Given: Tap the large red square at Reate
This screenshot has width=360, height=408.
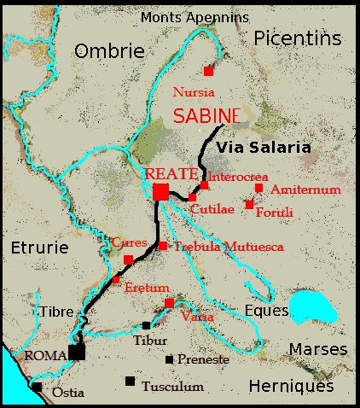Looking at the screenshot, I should [x=160, y=191].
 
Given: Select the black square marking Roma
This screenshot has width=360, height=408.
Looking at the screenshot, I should [x=78, y=352].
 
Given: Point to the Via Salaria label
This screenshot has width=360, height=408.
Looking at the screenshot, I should [x=263, y=148].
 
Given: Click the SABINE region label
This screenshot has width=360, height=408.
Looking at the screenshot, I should [x=206, y=116].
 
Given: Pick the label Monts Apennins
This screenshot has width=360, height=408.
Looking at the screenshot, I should [x=195, y=17].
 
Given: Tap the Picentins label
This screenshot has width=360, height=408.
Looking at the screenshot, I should [x=296, y=38].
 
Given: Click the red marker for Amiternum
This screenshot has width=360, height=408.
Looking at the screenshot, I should [x=258, y=188].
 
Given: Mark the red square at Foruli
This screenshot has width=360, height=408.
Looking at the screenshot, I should [x=249, y=205].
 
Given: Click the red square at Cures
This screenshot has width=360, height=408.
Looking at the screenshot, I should [x=128, y=259].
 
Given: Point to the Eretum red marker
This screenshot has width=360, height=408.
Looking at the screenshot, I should [x=116, y=279].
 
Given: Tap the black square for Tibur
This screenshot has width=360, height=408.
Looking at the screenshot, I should [x=147, y=325].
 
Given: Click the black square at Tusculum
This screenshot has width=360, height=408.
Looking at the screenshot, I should [x=130, y=381].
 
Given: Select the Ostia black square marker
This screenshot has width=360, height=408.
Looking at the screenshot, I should [x=37, y=387].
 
